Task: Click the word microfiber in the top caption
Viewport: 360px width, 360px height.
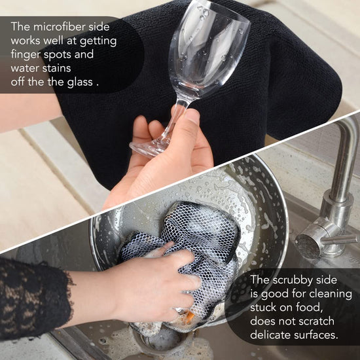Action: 60,27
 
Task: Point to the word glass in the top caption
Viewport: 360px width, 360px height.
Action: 80,82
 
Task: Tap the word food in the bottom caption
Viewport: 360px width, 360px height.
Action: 309,308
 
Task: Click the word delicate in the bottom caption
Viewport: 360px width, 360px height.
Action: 270,334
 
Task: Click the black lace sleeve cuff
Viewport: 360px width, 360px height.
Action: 35,298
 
